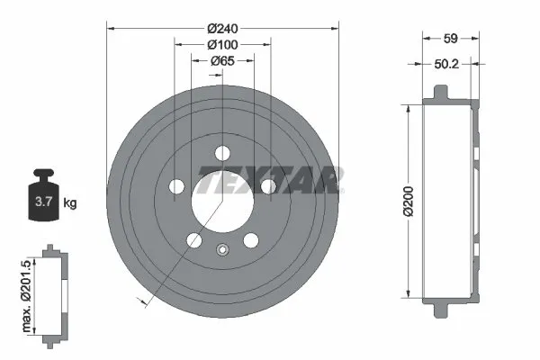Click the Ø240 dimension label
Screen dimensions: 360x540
pyautogui.click(x=221, y=27)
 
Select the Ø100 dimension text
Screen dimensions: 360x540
pyautogui.click(x=221, y=44)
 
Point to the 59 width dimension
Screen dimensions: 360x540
pyautogui.click(x=452, y=39)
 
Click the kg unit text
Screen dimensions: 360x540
pyautogui.click(x=70, y=203)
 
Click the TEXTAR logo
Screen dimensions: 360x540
pyautogui.click(x=270, y=179)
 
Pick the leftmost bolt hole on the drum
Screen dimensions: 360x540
pyautogui.click(x=176, y=186)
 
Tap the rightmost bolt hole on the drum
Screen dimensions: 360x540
pyautogui.click(x=267, y=185)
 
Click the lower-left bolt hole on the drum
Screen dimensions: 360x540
pyautogui.click(x=193, y=240)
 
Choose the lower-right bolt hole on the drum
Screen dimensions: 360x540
pyautogui.click(x=250, y=239)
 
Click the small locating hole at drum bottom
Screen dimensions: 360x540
pyautogui.click(x=222, y=250)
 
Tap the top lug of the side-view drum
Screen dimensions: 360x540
pyautogui.click(x=440, y=94)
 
